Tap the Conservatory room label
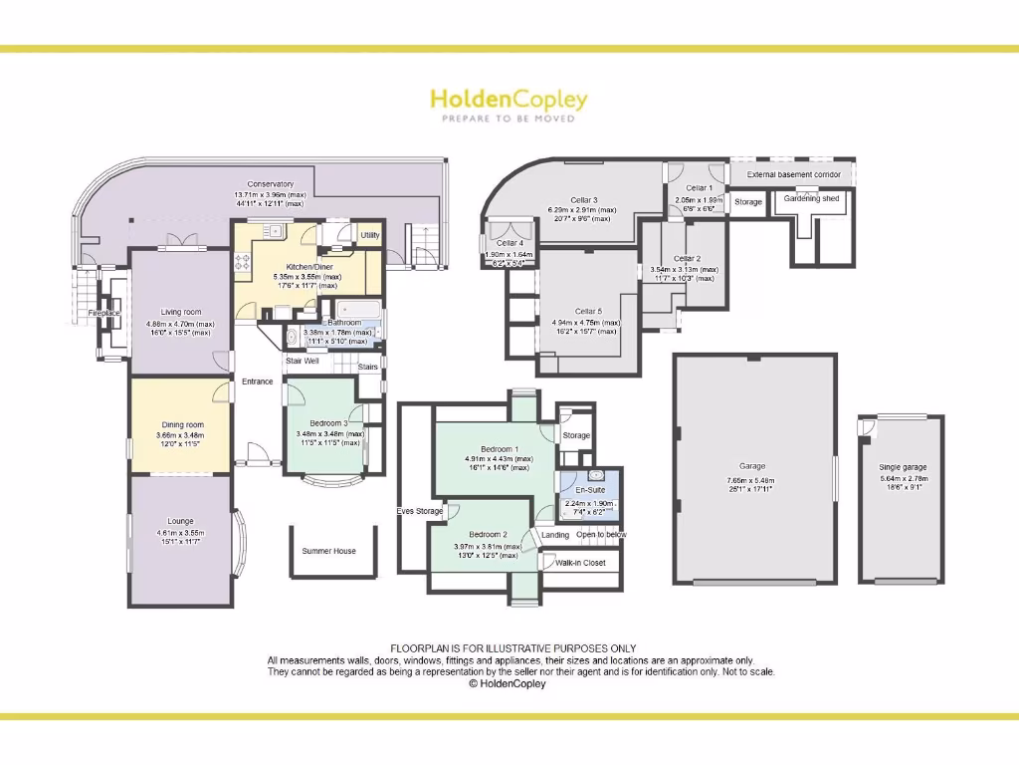[x=271, y=183]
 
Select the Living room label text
[x=180, y=312]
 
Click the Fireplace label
[x=103, y=313]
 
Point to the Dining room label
[x=180, y=425]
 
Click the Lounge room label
[x=180, y=521]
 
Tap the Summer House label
[x=329, y=551]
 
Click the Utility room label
[x=370, y=235]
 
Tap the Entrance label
[x=257, y=382]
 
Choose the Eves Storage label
[x=418, y=511]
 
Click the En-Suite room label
[x=590, y=491]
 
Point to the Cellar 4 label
[x=509, y=243]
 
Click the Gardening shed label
[x=811, y=198]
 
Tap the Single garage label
[x=903, y=467]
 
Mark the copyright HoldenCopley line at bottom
[x=508, y=684]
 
